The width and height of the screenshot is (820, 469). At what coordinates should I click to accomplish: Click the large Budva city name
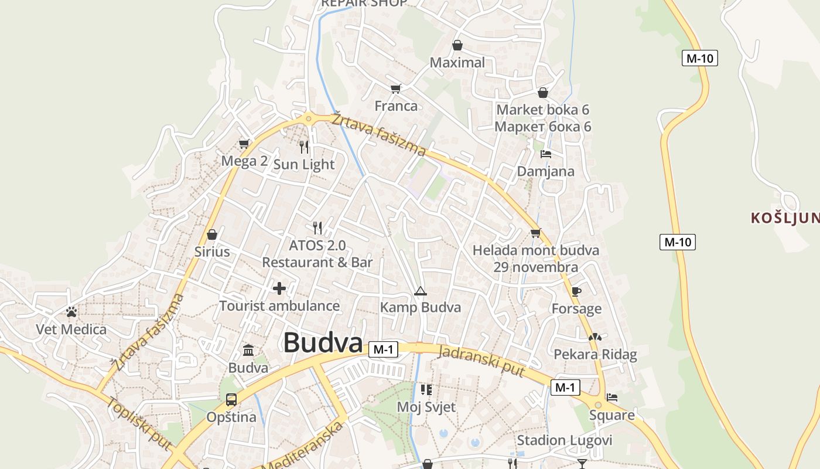pos(323,343)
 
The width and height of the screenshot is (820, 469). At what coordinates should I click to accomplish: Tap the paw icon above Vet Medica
pos(71,312)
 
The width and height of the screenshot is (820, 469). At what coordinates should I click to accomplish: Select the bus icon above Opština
pos(231,400)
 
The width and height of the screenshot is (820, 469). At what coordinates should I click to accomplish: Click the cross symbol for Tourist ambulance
pos(279,288)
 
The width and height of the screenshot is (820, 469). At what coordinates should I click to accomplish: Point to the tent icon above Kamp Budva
pos(420,291)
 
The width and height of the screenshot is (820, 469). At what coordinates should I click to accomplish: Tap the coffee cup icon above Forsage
pos(576,291)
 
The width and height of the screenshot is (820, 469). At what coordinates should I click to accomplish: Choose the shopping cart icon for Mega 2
pos(244,144)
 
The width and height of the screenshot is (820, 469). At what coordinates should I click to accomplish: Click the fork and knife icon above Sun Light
pos(304,147)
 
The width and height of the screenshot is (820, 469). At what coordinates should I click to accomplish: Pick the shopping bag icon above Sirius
pos(212,235)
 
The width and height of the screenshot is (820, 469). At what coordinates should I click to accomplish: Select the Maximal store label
pos(457,63)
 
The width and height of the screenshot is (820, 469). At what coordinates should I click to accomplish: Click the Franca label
pos(396,106)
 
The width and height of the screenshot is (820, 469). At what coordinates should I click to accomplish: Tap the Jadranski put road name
pos(481,361)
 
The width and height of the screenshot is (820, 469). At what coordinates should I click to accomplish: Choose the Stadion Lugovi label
pos(564,440)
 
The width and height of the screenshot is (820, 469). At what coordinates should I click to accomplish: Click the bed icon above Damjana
pos(546,154)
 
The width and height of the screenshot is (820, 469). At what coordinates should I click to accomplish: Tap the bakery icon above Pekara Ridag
pos(595,338)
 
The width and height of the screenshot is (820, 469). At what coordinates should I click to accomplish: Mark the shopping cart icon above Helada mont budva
pos(535,233)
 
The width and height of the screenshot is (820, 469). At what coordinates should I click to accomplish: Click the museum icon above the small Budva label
pos(248,350)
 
